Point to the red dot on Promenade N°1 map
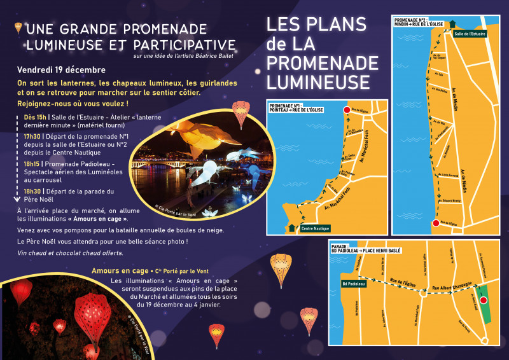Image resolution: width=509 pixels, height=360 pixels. pyautogui.click(x=347, y=110)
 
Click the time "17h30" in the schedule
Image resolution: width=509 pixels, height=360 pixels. pyautogui.click(x=32, y=136)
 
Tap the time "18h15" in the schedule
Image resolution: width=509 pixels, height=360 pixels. pyautogui.click(x=32, y=164)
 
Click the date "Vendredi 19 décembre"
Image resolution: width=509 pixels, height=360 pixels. pyautogui.click(x=61, y=70)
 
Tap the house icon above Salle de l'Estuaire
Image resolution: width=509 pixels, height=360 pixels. pyautogui.click(x=452, y=24)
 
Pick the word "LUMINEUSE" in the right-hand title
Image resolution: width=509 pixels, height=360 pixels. pyautogui.click(x=318, y=81)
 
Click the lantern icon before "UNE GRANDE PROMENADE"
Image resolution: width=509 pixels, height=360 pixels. pyautogui.click(x=18, y=28)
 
